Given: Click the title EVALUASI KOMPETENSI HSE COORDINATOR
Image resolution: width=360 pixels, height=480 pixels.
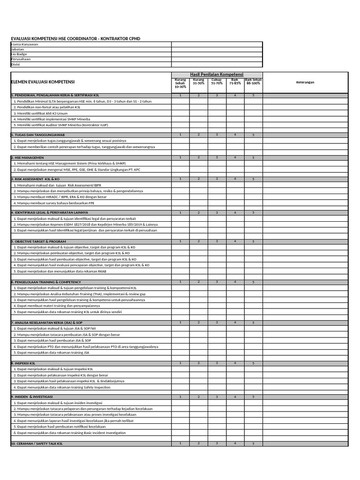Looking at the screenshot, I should point(75,38).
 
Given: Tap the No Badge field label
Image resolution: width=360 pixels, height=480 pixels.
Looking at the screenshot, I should point(19,54).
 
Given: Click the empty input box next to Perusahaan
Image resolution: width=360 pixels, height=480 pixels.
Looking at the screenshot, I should point(217,60).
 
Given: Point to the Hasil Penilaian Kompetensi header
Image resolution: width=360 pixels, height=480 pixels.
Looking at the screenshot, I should point(217,75).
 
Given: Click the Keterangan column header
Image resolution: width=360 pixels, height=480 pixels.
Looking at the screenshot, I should point(305,82).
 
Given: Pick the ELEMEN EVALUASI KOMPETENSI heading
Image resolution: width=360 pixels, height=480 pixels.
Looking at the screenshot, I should point(43,82).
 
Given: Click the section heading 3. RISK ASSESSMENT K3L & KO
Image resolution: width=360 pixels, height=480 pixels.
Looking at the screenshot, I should point(35,179).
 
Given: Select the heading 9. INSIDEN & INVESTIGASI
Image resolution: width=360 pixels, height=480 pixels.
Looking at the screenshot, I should point(31,397).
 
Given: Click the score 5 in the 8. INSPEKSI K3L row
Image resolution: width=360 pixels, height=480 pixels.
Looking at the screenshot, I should point(253,363).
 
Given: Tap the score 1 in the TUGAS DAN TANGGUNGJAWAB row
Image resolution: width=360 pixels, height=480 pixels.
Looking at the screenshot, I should point(180,135).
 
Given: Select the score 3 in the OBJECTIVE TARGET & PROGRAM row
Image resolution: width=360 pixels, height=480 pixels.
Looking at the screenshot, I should point(217,241).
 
